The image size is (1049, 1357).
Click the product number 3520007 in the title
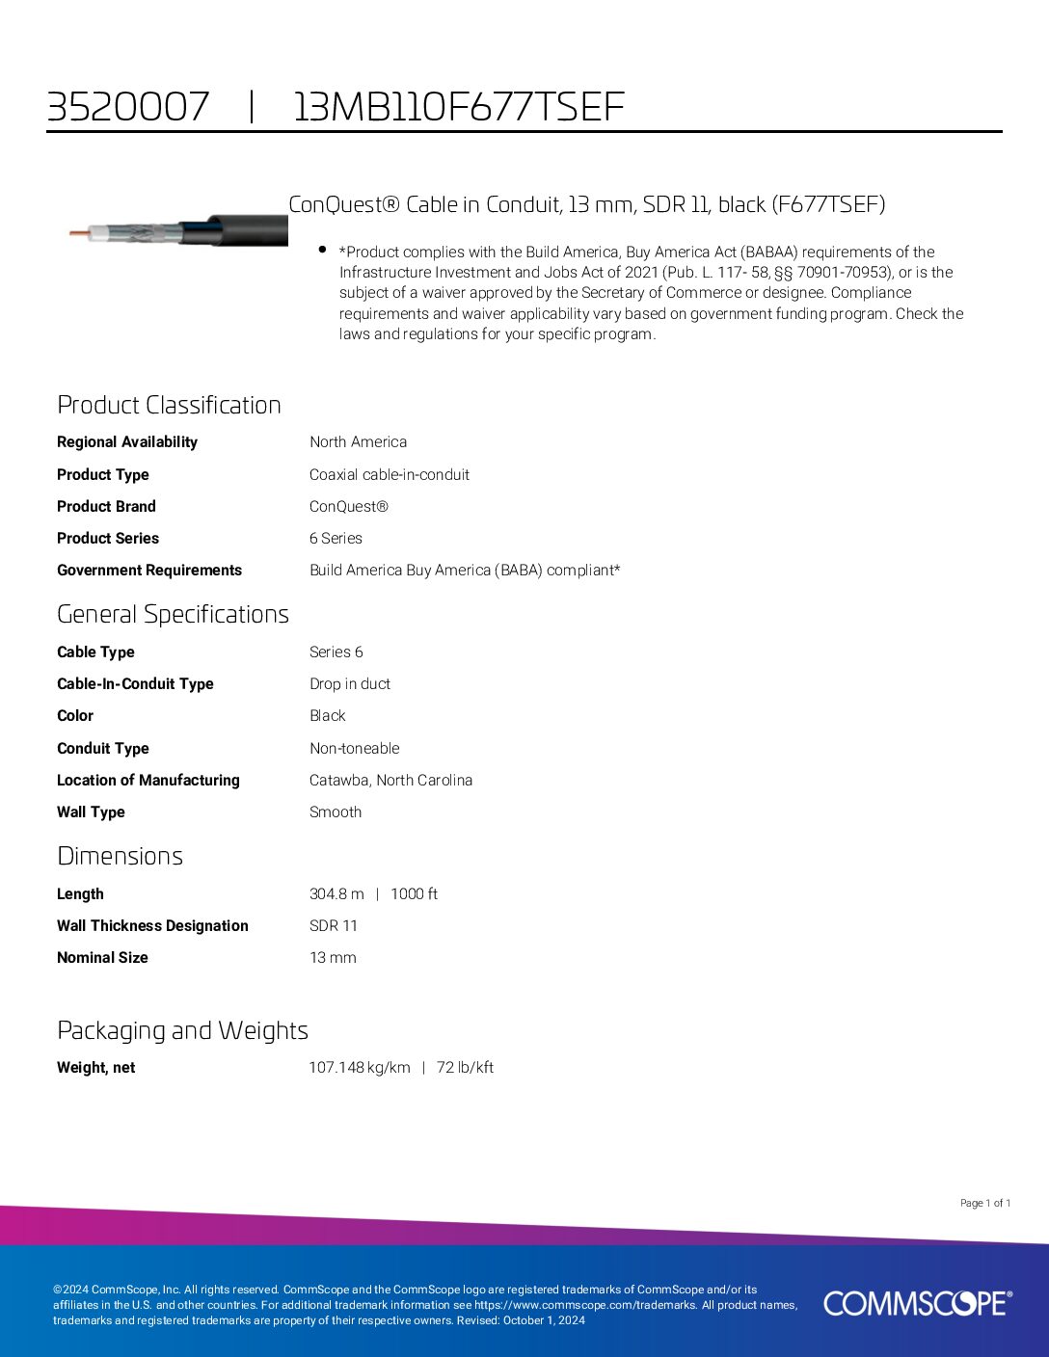(x=127, y=106)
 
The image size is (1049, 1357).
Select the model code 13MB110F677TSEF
(x=458, y=106)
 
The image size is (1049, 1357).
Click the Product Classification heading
(x=169, y=405)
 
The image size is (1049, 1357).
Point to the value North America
(x=358, y=442)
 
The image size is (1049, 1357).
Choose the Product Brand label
(x=106, y=506)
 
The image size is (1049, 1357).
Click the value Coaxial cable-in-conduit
(x=389, y=474)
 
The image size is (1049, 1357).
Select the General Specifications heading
(x=173, y=614)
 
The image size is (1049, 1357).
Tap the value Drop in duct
(x=349, y=683)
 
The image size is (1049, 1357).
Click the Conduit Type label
(x=103, y=748)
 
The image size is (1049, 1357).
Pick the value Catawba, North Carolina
(x=390, y=780)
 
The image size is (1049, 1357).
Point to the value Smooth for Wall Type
(x=336, y=812)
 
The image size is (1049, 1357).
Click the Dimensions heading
(x=120, y=856)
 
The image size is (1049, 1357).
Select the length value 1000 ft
(x=414, y=893)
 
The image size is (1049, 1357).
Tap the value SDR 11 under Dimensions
(x=333, y=925)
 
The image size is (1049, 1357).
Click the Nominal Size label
(x=102, y=957)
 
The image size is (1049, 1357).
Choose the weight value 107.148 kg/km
(x=360, y=1067)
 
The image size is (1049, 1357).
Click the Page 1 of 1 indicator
(x=984, y=1203)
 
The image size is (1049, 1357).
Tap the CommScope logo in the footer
(x=917, y=1303)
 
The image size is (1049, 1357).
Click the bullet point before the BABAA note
(x=322, y=250)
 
